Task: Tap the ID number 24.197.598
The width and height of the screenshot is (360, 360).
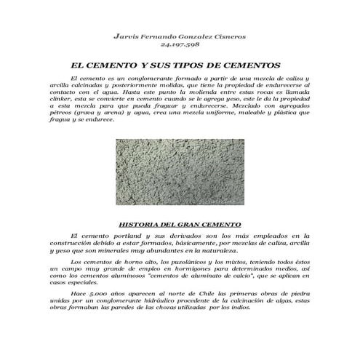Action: coord(179,44)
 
